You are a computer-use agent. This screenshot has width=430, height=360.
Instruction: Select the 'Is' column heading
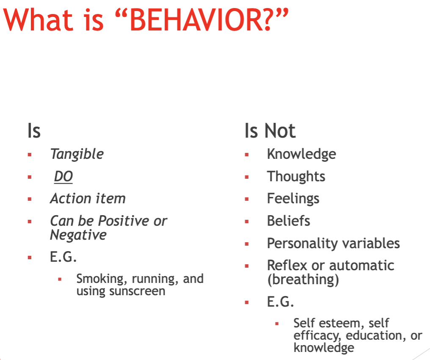point(34,130)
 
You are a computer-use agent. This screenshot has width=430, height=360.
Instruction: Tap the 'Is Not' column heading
point(270,130)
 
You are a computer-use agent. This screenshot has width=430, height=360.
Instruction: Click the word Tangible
point(77,154)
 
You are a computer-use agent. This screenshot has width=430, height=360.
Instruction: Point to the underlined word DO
point(63,177)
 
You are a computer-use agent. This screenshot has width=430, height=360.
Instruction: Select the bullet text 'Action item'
point(88,198)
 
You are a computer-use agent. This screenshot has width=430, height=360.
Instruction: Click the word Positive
point(124,221)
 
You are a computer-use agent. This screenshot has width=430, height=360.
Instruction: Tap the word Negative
point(78,235)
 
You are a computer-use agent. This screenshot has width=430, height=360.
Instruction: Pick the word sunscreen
point(137,291)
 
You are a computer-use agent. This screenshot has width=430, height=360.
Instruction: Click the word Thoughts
point(296,177)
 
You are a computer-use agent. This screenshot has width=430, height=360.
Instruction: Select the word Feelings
point(293,199)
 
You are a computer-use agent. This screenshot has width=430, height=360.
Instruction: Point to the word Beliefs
point(289,221)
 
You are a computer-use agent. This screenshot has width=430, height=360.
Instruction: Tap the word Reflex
point(287,265)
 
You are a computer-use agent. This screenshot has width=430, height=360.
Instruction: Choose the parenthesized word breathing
point(303,280)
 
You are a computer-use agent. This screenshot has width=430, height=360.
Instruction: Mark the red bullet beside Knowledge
point(247,155)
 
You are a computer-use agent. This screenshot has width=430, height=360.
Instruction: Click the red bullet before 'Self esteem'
point(277,324)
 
